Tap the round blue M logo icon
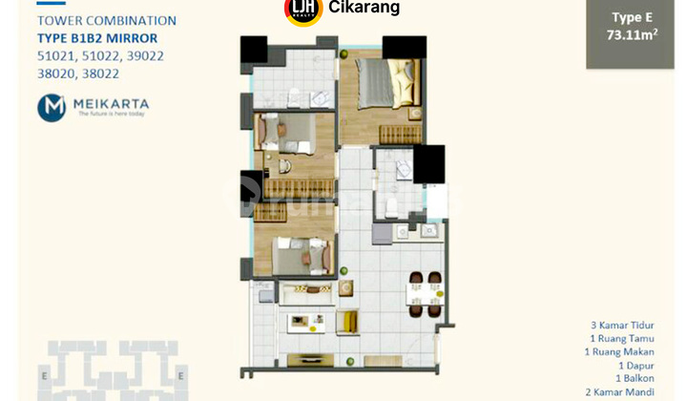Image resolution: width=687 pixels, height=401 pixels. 52,108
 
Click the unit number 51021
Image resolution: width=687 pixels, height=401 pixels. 56,56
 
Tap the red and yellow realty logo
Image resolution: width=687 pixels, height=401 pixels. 302,10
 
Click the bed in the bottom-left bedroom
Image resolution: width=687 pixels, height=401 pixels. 299,254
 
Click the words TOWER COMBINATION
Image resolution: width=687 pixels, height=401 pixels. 106,20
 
